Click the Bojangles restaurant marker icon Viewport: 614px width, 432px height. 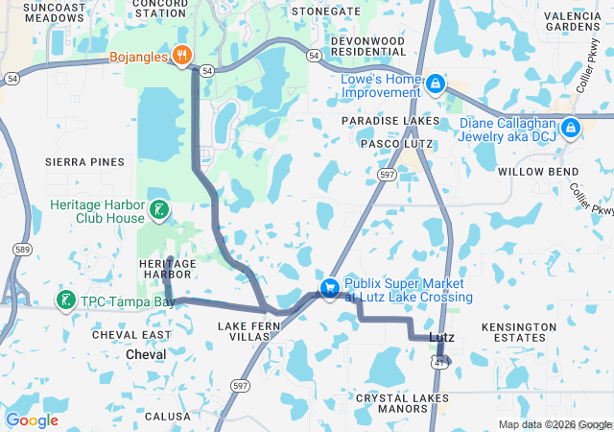coord(181,55)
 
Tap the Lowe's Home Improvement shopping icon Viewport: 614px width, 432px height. coord(436,84)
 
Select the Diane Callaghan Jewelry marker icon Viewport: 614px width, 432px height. coord(571,127)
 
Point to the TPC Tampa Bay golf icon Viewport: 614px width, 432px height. coord(65,301)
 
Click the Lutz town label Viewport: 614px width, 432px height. coord(441,337)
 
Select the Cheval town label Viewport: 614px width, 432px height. coord(146,354)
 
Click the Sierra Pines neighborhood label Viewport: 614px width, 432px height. coord(85,162)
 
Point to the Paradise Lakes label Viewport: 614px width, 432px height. coord(390,121)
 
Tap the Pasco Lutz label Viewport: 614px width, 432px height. coord(396,144)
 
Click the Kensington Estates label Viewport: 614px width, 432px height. coord(518,333)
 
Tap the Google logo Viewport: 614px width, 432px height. coord(33,420)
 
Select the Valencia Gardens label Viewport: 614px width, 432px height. coord(573,20)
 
